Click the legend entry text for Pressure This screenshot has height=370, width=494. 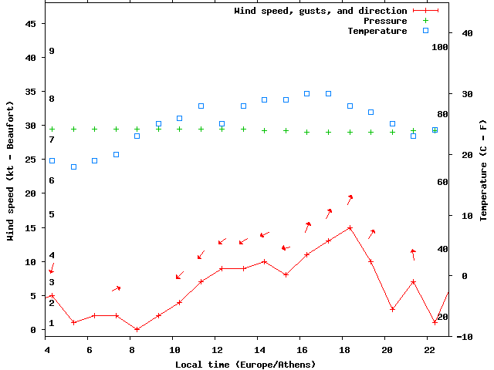click(385, 21)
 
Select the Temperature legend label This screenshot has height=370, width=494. click(377, 31)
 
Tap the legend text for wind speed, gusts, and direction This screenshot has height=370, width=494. click(320, 11)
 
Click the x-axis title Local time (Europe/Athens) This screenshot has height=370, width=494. click(245, 364)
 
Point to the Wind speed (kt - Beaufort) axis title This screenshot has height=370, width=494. click(12, 170)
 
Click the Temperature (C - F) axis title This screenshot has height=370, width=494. click(483, 170)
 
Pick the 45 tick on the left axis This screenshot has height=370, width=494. click(31, 24)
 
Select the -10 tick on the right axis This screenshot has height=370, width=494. click(465, 337)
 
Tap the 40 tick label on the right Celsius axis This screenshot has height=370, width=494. click(467, 33)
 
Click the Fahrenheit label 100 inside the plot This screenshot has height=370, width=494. click(440, 47)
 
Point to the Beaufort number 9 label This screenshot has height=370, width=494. click(51, 51)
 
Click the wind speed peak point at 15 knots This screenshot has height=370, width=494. click(350, 228)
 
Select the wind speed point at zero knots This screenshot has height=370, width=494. click(137, 330)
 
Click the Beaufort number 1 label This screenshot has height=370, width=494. click(51, 323)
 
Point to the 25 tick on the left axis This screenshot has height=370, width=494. click(31, 160)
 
